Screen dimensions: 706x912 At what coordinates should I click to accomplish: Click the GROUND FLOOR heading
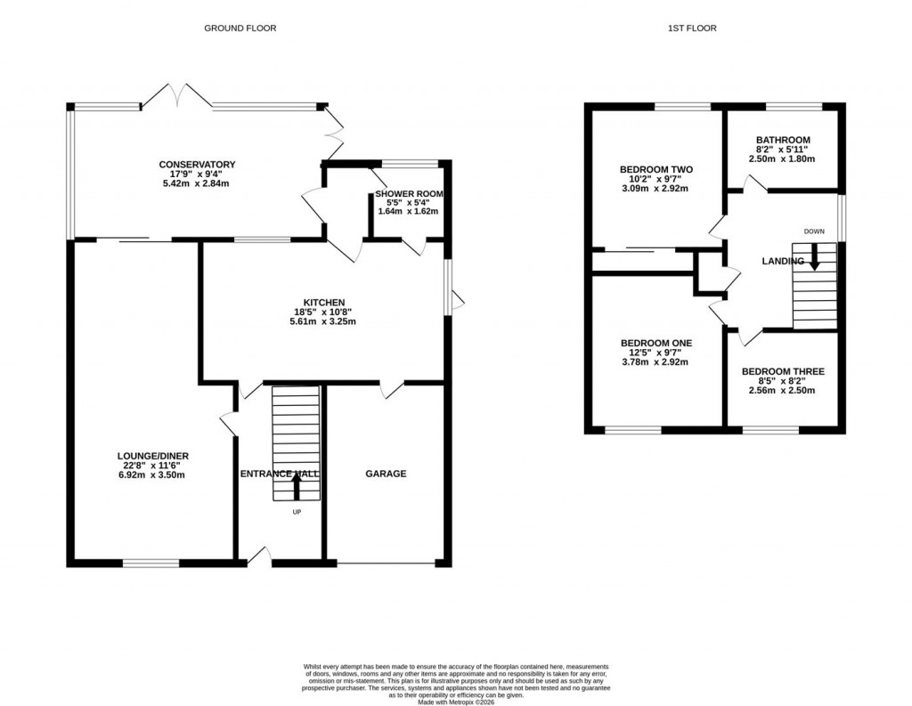[x=240, y=28]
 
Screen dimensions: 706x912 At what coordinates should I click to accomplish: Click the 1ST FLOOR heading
[x=692, y=28]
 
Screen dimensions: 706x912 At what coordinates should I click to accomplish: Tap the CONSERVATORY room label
[x=197, y=165]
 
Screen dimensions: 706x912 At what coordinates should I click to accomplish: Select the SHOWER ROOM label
[x=409, y=194]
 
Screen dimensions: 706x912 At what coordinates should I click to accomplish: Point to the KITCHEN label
[x=322, y=303]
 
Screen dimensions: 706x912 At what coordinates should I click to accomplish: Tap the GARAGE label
[x=386, y=474]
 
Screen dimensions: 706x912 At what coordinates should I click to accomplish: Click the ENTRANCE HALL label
[x=280, y=475]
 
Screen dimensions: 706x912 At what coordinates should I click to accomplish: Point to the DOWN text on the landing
[x=814, y=231]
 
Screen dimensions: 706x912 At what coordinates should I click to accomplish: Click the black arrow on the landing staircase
[x=814, y=260]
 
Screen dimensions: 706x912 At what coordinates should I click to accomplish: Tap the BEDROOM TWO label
[x=656, y=169]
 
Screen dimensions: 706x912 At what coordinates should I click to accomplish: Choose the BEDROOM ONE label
[x=656, y=343]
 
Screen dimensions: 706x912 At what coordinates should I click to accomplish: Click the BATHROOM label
[x=783, y=140]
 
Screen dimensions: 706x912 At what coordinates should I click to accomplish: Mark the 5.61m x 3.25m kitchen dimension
[x=322, y=322]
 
